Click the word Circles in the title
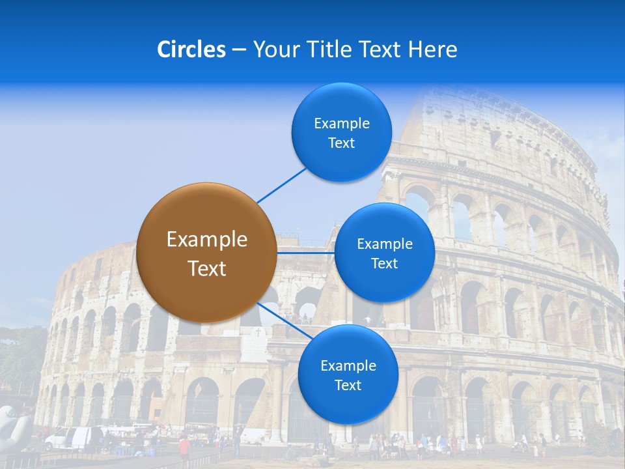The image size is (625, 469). [x=191, y=50]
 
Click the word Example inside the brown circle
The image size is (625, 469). [x=207, y=240]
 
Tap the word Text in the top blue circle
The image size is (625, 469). [x=342, y=143]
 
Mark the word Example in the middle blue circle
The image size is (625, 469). [x=385, y=244]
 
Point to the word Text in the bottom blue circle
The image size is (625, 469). [x=348, y=386]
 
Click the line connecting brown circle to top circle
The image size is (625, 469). [x=282, y=185]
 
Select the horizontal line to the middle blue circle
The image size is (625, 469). [x=306, y=252]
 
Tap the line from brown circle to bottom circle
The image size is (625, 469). [x=283, y=322]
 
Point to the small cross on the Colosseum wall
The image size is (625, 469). [x=258, y=333]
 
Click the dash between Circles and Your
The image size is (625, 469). [x=240, y=50]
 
